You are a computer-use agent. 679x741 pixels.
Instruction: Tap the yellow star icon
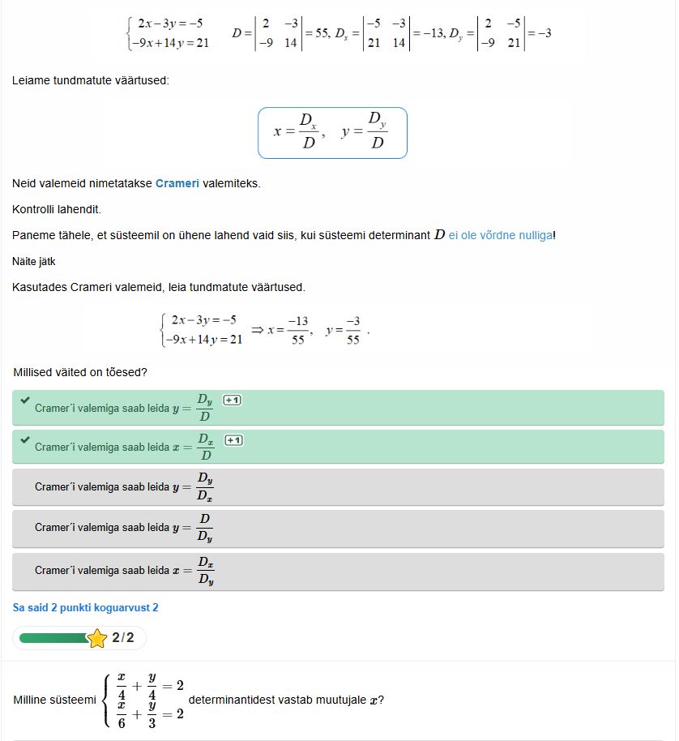point(97,638)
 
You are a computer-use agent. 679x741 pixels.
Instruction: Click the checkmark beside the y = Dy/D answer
point(24,400)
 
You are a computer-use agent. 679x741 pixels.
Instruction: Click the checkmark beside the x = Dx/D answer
point(24,440)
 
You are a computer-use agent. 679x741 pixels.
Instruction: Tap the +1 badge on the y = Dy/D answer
point(233,400)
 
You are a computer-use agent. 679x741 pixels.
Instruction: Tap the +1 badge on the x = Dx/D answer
point(233,440)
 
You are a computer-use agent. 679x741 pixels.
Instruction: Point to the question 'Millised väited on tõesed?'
point(80,372)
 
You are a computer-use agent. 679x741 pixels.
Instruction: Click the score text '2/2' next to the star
point(123,638)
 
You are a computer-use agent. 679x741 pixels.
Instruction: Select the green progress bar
point(53,638)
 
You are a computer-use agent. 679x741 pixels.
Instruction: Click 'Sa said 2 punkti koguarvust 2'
point(85,607)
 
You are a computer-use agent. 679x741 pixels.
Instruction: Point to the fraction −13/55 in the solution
point(298,330)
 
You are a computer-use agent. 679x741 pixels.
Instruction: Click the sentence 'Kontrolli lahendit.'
point(56,209)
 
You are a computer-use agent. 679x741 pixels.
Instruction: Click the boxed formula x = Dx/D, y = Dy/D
point(332,133)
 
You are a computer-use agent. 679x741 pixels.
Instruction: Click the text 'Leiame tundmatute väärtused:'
point(91,81)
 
